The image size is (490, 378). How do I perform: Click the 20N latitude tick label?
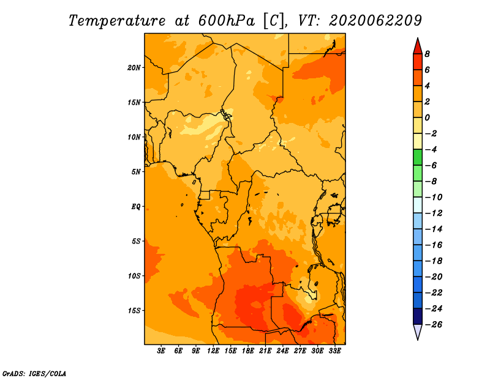(x=134, y=68)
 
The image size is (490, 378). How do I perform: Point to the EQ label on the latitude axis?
(x=136, y=207)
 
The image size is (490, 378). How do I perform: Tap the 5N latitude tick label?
(x=136, y=172)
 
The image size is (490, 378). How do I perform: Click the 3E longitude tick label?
(x=161, y=351)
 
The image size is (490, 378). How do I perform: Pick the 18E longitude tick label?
(x=248, y=351)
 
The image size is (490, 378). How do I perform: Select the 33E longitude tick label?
(x=334, y=351)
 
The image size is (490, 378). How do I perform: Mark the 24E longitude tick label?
(x=282, y=351)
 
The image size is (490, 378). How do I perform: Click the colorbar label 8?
(x=427, y=54)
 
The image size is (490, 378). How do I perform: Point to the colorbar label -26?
(x=434, y=325)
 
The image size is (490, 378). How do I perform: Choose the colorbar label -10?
(x=434, y=198)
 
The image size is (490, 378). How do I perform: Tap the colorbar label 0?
(x=427, y=117)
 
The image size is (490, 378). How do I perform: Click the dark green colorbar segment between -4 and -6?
(x=418, y=157)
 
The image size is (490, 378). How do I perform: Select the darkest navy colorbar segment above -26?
(x=418, y=316)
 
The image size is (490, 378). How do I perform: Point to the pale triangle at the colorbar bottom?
(x=418, y=331)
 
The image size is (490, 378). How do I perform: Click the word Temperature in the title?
(x=117, y=21)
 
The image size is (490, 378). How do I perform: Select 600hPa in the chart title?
(x=227, y=21)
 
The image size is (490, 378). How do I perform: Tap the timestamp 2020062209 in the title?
(x=375, y=21)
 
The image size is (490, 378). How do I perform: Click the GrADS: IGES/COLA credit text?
(x=34, y=374)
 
